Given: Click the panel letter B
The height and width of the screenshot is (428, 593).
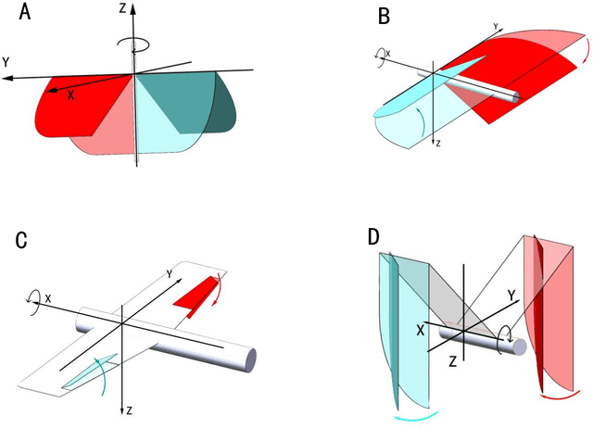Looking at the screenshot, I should pyautogui.click(x=384, y=15).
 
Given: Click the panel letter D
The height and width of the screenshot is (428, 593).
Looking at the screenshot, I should pyautogui.click(x=373, y=234).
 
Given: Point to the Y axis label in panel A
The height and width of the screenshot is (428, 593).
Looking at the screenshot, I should pyautogui.click(x=7, y=62).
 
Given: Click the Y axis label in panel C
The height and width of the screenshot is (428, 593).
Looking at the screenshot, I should pyautogui.click(x=169, y=271).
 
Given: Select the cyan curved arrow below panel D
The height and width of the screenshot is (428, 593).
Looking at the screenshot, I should pyautogui.click(x=410, y=418).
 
